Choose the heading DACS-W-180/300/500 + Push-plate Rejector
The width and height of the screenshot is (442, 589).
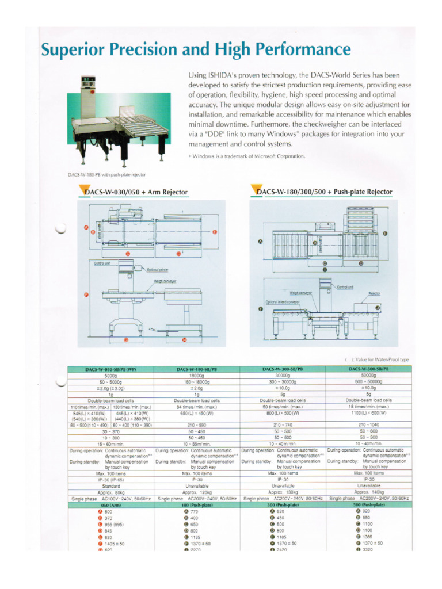[x=325, y=192]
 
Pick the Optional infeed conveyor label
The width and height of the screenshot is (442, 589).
[x=282, y=301]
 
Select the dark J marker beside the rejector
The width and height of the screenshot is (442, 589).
[x=377, y=308]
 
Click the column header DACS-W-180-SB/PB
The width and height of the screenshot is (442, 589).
[x=197, y=368]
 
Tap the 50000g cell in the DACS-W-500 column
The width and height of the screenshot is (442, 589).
[x=368, y=375]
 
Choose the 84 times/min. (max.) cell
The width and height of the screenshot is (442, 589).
[x=197, y=407]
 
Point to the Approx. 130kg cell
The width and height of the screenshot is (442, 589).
[x=283, y=492]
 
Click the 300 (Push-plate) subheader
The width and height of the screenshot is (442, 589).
[x=283, y=504]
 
